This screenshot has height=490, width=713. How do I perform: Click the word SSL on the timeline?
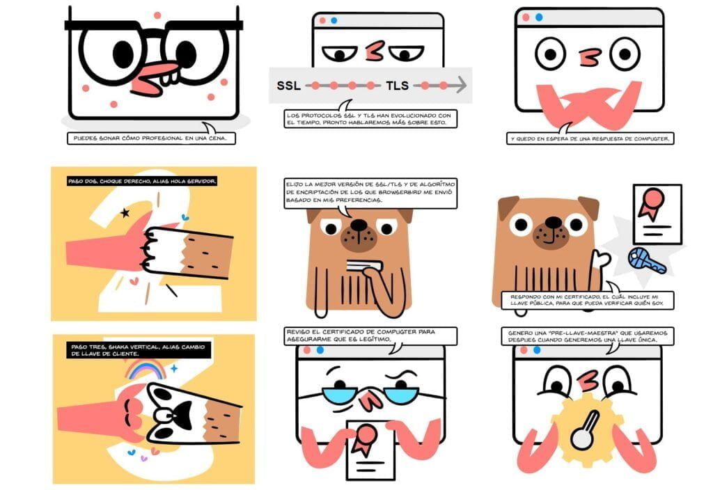click(x=288, y=86)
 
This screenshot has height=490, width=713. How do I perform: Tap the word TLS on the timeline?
click(x=397, y=86)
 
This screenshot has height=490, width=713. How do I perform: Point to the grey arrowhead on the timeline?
click(x=461, y=85)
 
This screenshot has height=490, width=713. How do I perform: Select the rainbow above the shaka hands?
click(x=146, y=369)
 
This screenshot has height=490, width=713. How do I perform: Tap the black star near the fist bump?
click(x=125, y=212)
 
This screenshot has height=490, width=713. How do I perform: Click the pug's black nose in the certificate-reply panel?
click(x=554, y=222)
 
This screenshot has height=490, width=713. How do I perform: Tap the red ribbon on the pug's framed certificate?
click(x=651, y=203)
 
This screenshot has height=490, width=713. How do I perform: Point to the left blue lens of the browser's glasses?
click(x=340, y=394)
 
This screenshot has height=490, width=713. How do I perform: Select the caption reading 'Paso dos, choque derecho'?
click(x=142, y=182)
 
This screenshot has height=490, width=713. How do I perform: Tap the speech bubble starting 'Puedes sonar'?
click(x=151, y=137)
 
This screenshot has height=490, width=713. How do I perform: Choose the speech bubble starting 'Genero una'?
click(x=588, y=336)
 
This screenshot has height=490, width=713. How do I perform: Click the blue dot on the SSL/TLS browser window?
click(x=334, y=20)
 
